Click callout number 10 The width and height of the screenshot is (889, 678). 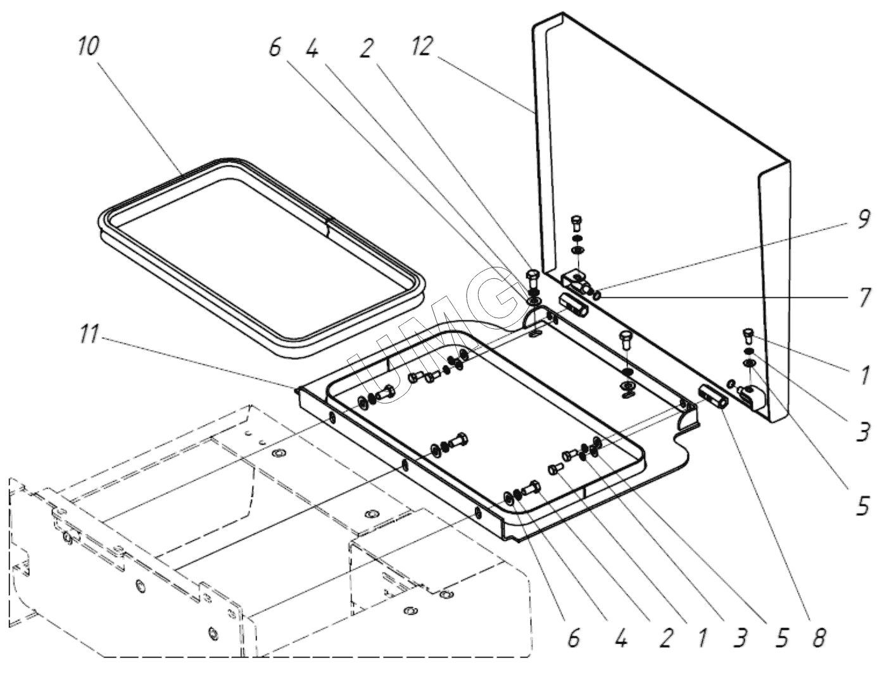point(88,47)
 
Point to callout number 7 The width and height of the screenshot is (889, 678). point(864,298)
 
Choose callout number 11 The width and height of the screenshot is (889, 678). point(89,336)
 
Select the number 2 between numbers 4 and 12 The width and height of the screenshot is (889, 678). point(366,47)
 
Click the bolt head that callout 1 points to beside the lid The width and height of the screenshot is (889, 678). point(748,345)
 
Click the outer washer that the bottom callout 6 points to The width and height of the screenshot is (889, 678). point(508,496)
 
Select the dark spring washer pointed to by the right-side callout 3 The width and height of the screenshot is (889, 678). point(748,354)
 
